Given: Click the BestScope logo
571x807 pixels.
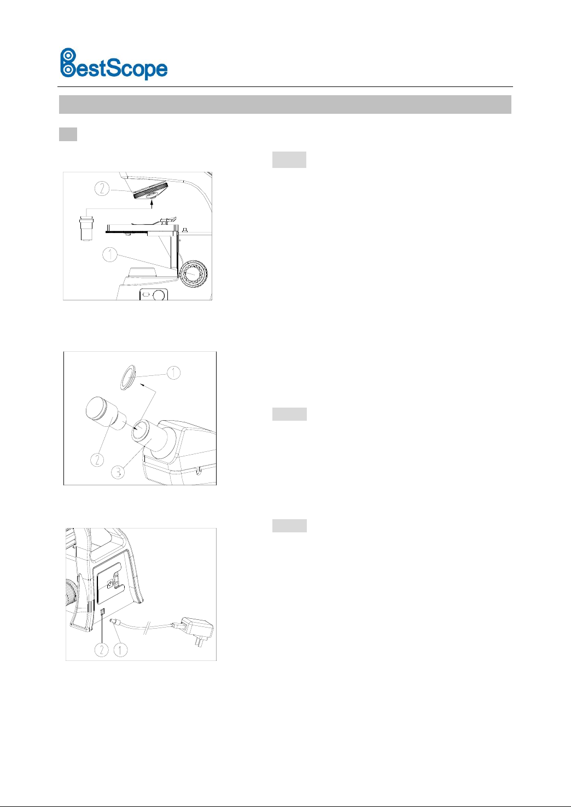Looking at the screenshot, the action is point(113,64).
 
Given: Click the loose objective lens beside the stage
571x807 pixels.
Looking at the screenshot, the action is point(86,228).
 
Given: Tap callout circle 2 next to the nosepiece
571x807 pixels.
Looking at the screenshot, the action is point(102,188).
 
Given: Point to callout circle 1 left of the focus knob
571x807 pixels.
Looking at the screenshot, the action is point(110,255).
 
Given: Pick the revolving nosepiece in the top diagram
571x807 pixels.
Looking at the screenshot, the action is point(150,191).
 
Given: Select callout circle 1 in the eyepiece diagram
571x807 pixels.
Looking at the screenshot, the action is point(174,373).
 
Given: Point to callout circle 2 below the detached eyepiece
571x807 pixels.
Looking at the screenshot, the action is point(97,460).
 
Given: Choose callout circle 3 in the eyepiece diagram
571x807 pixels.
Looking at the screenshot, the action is point(118,472).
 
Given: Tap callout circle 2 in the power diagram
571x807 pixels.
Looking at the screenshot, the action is point(102,649).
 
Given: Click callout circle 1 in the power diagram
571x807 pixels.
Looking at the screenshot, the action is point(120,649).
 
